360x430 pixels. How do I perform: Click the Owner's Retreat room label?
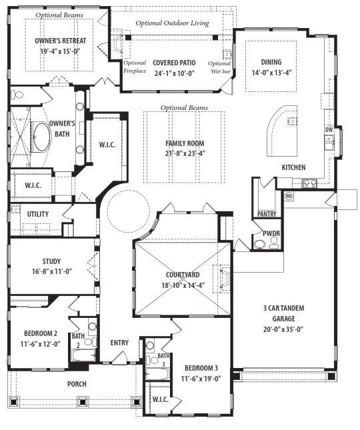click(60, 41)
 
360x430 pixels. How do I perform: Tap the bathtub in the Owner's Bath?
click(41, 137)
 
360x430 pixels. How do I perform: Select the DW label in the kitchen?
click(329, 130)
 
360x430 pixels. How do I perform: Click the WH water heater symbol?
click(289, 196)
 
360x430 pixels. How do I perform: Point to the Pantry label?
click(267, 214)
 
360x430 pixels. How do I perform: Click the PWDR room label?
click(271, 233)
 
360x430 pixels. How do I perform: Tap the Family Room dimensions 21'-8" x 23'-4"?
click(185, 153)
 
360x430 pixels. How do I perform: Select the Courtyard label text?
click(183, 275)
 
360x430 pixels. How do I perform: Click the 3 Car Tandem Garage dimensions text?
click(283, 329)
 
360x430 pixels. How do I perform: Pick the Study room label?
click(51, 261)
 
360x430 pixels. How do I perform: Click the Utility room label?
click(38, 214)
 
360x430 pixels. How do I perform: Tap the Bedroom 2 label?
click(41, 333)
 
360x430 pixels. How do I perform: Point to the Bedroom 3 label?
click(201, 368)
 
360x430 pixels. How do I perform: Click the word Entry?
click(119, 343)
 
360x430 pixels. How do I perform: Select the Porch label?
click(77, 384)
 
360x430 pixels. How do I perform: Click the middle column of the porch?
click(82, 402)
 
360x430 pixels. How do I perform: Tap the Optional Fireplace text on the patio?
click(135, 67)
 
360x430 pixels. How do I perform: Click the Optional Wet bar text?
click(219, 67)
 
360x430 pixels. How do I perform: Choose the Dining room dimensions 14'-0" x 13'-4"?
click(271, 73)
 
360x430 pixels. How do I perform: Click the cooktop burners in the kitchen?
click(309, 183)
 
